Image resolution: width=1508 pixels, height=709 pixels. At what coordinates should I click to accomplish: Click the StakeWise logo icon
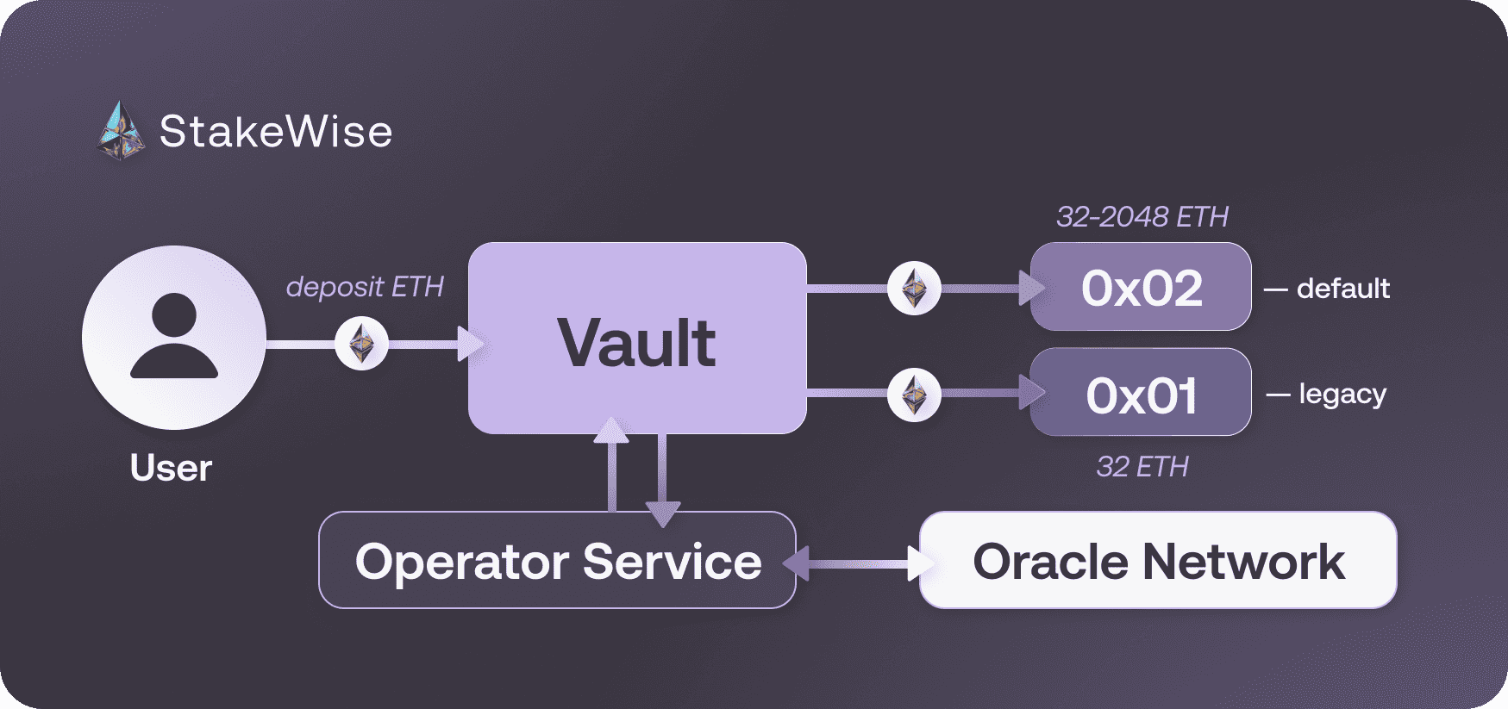pyautogui.click(x=121, y=132)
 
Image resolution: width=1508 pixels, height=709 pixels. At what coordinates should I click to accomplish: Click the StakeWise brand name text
pyautogui.click(x=276, y=132)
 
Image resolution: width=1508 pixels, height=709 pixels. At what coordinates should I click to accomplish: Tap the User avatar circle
pyautogui.click(x=174, y=338)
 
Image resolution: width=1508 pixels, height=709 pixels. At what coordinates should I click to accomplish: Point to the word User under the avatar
pyautogui.click(x=171, y=468)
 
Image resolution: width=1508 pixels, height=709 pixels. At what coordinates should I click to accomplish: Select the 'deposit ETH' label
pyautogui.click(x=365, y=287)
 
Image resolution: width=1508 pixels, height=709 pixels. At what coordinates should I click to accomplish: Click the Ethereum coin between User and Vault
pyautogui.click(x=362, y=344)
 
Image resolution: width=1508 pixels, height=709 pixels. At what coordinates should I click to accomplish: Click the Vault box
pyautogui.click(x=637, y=338)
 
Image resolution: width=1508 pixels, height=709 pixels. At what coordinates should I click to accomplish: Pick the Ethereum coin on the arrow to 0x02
pyautogui.click(x=914, y=288)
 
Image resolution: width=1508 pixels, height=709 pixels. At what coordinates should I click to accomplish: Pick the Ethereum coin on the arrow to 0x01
pyautogui.click(x=914, y=395)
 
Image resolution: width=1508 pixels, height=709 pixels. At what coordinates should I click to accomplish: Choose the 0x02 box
pyautogui.click(x=1141, y=287)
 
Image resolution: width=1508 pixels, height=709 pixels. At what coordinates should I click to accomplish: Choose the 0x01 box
pyautogui.click(x=1141, y=393)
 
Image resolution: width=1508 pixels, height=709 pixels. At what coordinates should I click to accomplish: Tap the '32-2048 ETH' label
pyautogui.click(x=1142, y=217)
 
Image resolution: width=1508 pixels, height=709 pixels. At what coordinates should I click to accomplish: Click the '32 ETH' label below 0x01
pyautogui.click(x=1142, y=467)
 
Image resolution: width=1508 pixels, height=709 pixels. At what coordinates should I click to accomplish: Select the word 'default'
pyautogui.click(x=1342, y=289)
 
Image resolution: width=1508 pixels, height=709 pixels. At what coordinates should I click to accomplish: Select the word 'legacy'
pyautogui.click(x=1342, y=395)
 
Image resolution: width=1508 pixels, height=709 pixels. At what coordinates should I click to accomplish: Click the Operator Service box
pyautogui.click(x=557, y=561)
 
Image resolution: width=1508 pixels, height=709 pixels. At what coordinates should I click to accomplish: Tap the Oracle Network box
pyautogui.click(x=1158, y=561)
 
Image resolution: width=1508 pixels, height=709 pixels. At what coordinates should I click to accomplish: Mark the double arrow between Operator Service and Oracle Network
pyautogui.click(x=857, y=564)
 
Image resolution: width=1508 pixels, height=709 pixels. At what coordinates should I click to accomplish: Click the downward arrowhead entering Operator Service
pyautogui.click(x=662, y=514)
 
